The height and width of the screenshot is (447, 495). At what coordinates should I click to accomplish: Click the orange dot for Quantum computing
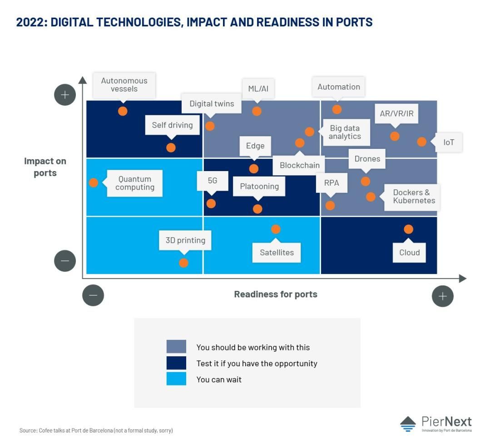click(x=94, y=182)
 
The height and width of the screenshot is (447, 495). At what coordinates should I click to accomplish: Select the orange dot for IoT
click(x=422, y=142)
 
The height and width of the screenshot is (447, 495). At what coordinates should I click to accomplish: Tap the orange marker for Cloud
click(x=409, y=229)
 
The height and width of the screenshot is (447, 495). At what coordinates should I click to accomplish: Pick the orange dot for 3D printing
click(x=184, y=263)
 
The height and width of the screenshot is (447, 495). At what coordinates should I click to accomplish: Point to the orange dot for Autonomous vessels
click(x=123, y=111)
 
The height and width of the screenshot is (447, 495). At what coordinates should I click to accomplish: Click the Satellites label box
click(x=277, y=252)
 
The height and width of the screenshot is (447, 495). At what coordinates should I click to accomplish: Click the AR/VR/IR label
click(x=396, y=113)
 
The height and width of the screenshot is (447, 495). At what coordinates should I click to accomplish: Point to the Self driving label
click(x=173, y=125)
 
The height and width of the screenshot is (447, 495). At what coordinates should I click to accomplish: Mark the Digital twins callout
click(x=212, y=103)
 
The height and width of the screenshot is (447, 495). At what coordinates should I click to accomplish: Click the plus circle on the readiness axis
click(x=443, y=296)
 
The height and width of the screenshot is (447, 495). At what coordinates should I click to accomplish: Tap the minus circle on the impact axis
click(x=65, y=261)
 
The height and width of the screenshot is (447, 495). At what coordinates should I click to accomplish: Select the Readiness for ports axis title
click(x=276, y=295)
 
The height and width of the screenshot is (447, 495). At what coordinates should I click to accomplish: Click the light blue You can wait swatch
click(x=176, y=379)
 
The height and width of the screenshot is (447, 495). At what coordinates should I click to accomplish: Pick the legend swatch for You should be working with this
click(x=176, y=346)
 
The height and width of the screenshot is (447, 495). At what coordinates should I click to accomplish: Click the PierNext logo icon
click(x=408, y=424)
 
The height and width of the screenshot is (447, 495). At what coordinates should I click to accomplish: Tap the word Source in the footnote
click(x=29, y=431)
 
